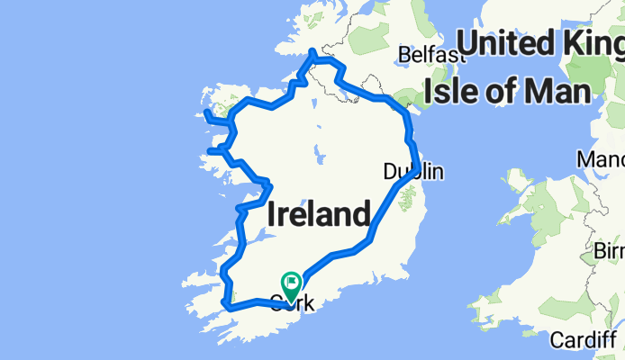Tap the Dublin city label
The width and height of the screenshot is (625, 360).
412,171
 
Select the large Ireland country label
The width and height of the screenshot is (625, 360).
319,215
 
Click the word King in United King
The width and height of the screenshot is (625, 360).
593,42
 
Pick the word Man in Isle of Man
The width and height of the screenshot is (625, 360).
558,91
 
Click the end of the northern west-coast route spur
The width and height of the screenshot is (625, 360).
207,113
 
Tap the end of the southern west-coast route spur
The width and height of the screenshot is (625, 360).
210,151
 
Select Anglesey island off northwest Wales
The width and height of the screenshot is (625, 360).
519,180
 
